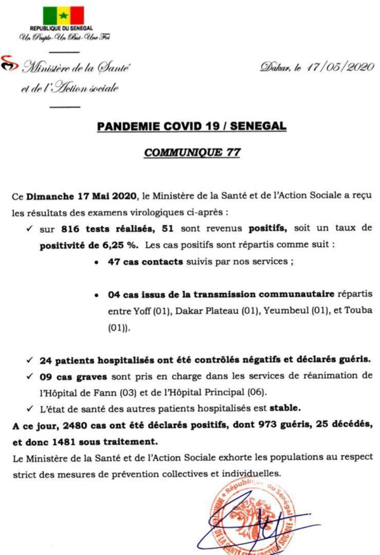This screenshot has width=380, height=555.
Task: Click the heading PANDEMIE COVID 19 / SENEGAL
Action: coord(191,126)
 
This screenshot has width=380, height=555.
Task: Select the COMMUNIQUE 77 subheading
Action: coord(191,153)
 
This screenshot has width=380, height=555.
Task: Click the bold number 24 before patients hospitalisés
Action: coord(45,360)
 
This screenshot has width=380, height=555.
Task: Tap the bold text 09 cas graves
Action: coord(69,376)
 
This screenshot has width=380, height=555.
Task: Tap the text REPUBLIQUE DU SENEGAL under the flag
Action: coord(62,29)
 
